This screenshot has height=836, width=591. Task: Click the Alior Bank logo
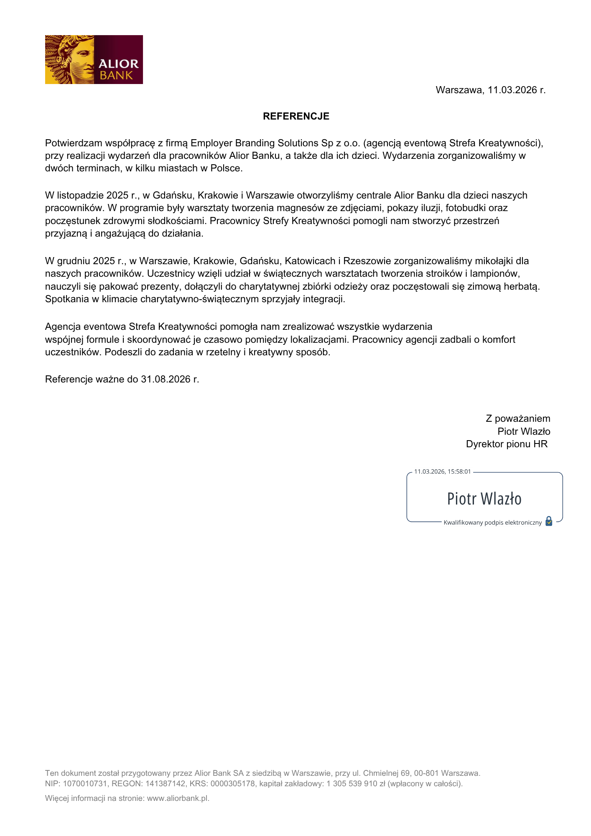click(94, 59)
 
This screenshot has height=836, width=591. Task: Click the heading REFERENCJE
click(296, 116)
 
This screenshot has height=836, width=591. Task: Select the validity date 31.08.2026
click(166, 379)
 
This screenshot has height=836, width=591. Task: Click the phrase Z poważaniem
click(518, 418)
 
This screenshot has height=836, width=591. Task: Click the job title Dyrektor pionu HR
click(507, 444)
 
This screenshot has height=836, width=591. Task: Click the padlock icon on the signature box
click(549, 521)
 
